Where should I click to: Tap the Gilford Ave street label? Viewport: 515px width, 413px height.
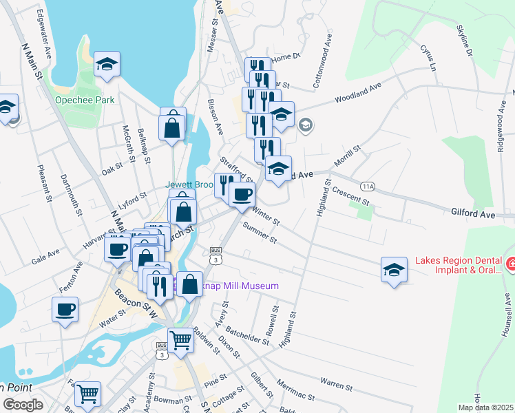coord(473,215)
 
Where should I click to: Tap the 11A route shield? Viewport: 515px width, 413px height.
coord(368,187)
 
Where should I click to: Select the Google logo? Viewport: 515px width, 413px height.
coord(23,405)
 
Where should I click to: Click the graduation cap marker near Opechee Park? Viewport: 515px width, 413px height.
coord(107,64)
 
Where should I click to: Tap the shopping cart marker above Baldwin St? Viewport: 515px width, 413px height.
coord(180,339)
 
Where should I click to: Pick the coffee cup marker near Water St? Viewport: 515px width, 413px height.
coord(66,309)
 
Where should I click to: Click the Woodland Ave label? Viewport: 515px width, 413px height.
coord(358,94)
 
